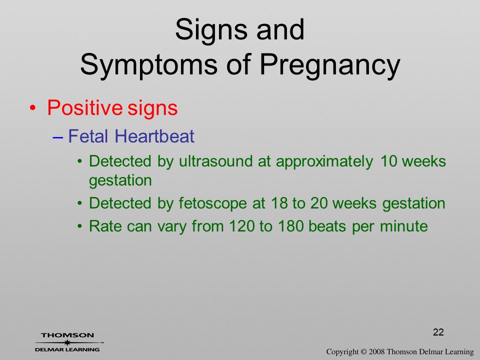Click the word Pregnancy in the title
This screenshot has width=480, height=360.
330,64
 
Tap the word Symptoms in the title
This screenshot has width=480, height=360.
149,64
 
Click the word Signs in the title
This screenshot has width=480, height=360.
211,30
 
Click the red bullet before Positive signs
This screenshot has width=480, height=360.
32,108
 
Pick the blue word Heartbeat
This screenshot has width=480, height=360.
154,136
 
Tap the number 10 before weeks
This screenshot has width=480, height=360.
388,161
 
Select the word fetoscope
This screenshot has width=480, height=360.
213,203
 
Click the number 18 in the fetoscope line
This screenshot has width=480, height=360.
279,203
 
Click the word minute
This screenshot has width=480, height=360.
404,226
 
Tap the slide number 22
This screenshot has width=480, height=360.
438,332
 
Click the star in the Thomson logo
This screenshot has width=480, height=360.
67,342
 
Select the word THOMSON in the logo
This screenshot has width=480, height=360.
67,335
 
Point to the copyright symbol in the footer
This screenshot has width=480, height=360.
363,351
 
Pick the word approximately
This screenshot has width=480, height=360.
325,161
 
